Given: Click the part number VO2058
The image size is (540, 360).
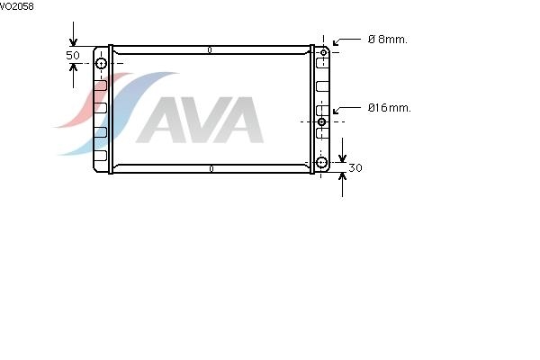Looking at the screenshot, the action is [16, 6].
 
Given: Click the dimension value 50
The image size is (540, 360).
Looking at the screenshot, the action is [73, 55].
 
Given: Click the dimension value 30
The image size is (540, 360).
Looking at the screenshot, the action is [355, 167].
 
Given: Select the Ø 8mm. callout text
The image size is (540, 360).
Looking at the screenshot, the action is [387, 40].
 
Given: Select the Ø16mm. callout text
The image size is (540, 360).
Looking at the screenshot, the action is [389, 108].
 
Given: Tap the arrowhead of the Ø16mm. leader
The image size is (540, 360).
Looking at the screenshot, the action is [335, 112].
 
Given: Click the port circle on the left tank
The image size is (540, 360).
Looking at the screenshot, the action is [101, 64].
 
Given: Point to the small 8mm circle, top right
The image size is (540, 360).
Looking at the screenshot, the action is [323, 53].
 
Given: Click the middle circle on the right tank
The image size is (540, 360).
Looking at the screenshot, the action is [321, 121].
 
